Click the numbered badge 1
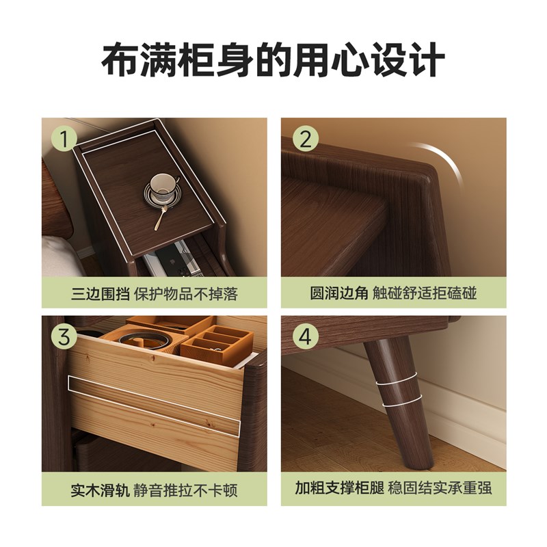66,139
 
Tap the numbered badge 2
306,139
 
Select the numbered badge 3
66,337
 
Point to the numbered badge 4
306,337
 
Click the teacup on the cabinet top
163,185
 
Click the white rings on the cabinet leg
396,396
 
